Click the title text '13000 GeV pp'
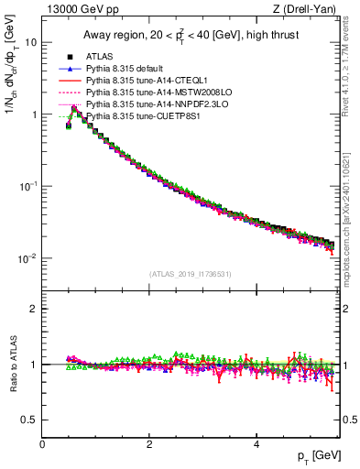coord(74,9)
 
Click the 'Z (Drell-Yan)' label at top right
coord(309,9)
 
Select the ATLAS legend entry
coord(99,58)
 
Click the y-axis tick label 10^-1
coord(28,186)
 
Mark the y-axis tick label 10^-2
coord(28,258)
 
